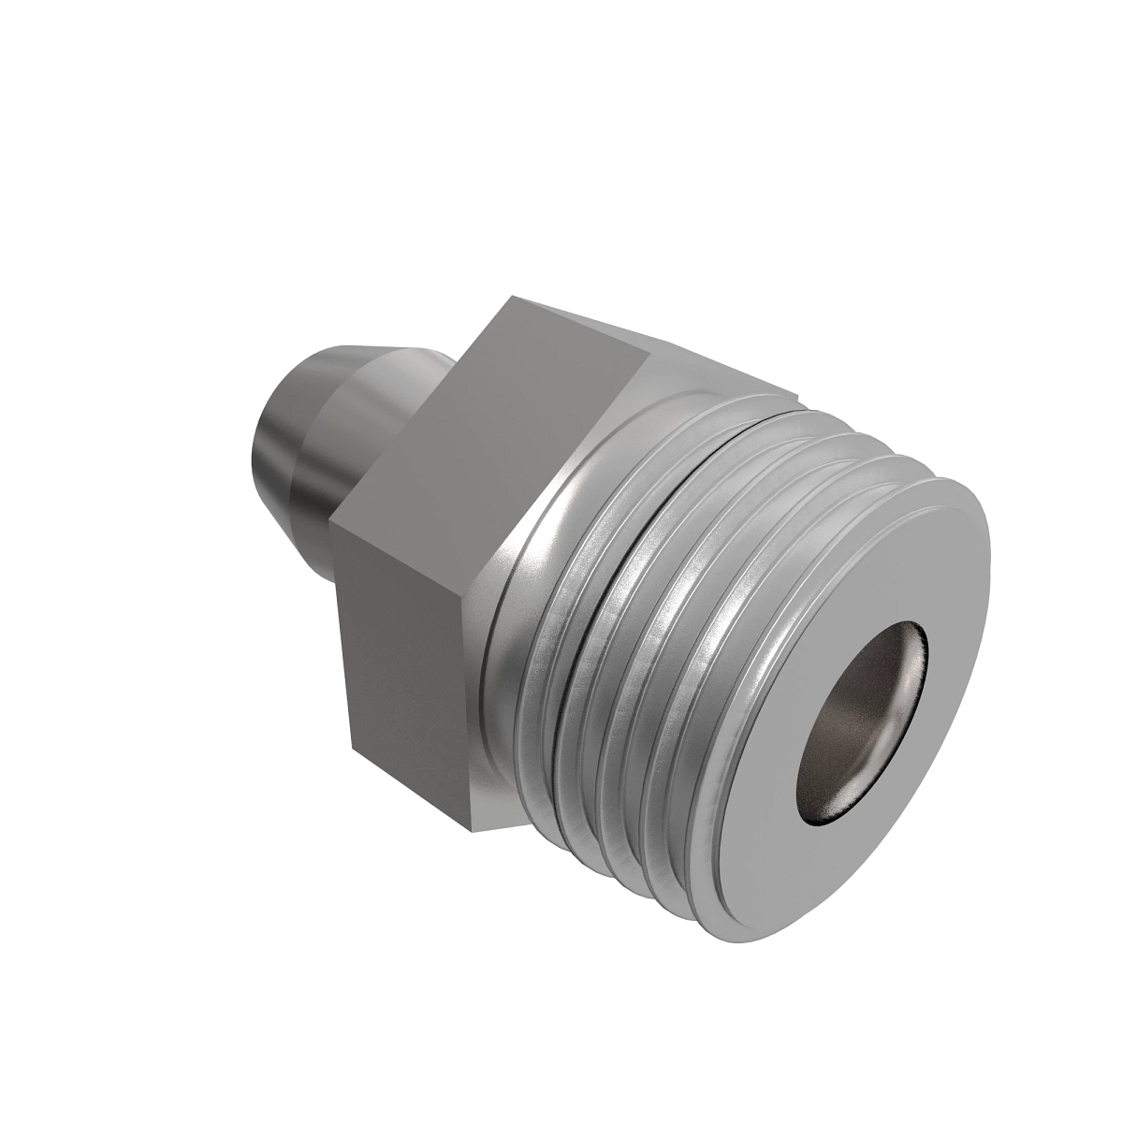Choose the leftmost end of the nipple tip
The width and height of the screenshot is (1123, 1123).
point(255,449)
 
